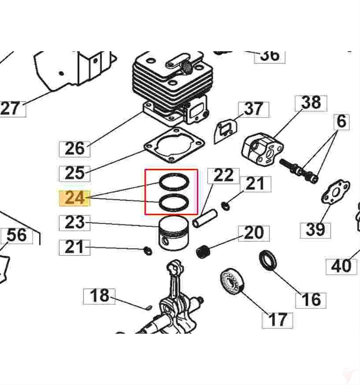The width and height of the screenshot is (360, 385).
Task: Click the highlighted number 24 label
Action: pyautogui.click(x=74, y=198)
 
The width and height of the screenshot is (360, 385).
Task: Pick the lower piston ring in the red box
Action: pyautogui.click(x=173, y=203)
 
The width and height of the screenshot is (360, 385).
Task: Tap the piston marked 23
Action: pyautogui.click(x=174, y=235)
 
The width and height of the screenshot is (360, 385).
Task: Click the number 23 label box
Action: pyautogui.click(x=74, y=223)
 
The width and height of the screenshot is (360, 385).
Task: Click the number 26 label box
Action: pyautogui.click(x=74, y=149)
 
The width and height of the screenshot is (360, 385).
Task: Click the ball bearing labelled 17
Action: pyautogui.click(x=231, y=282)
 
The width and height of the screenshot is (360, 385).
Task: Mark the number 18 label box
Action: pyautogui.click(x=99, y=296)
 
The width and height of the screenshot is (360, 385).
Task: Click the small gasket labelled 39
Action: pyautogui.click(x=335, y=193)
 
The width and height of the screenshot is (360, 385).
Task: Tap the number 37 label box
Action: pyautogui.click(x=254, y=109)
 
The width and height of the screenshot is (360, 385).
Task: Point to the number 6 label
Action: pyautogui.click(x=341, y=122)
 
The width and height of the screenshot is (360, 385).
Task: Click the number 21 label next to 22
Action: pyautogui.click(x=254, y=184)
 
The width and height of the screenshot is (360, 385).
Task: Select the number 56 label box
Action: pyautogui.click(x=17, y=236)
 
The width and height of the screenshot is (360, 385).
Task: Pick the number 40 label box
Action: pyautogui.click(x=341, y=267)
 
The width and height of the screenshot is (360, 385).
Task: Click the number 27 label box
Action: pyautogui.click(x=11, y=109)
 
